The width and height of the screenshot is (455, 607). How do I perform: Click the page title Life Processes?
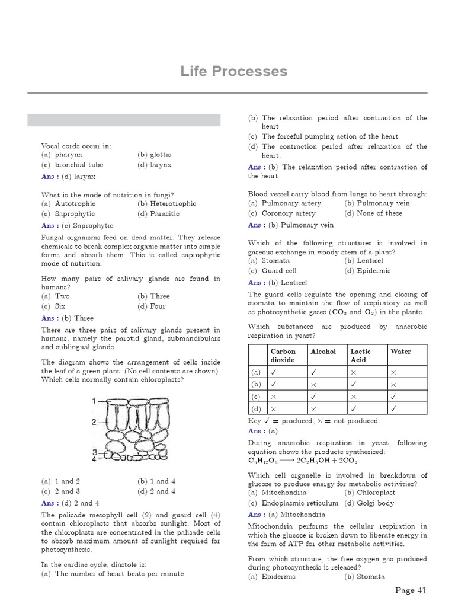pos(234,72)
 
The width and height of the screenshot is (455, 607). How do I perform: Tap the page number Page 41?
pos(411,590)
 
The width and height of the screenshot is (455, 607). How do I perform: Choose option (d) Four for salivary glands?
pos(153,306)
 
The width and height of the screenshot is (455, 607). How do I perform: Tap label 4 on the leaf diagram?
pos(94,458)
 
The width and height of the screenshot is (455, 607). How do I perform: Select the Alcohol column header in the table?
pos(323,352)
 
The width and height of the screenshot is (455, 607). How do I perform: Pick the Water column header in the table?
pos(400,352)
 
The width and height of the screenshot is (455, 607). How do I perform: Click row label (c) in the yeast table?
pos(256,397)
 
